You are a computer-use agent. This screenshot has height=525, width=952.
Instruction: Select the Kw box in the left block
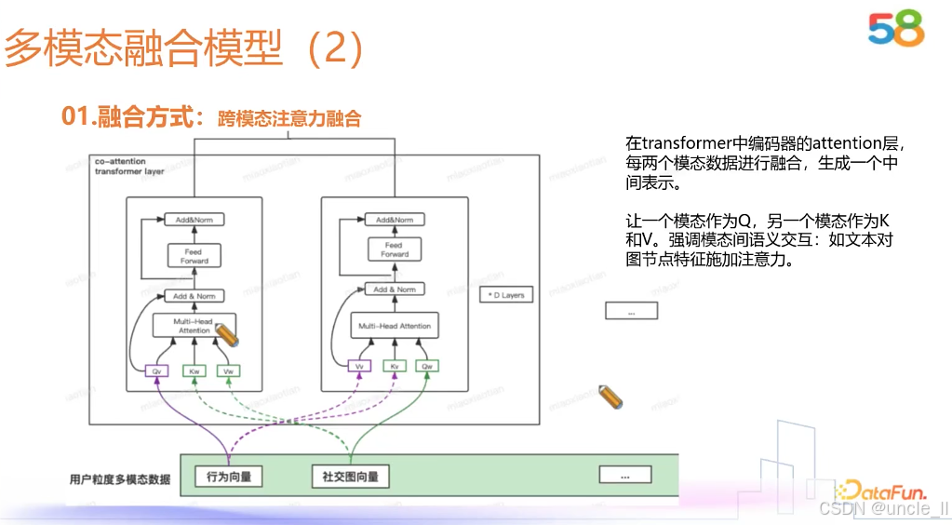194,371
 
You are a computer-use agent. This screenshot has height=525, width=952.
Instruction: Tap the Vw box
227,371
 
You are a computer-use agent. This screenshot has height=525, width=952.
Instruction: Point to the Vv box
359,367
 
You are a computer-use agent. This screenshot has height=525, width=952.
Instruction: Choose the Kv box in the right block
394,367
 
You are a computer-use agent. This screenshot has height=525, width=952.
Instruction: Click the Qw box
427,367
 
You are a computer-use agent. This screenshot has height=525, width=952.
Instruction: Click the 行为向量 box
229,477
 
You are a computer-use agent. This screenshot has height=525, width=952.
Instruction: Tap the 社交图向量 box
350,477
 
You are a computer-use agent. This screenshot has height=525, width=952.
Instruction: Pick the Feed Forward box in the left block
194,256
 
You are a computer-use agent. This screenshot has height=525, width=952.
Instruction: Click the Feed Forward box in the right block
394,249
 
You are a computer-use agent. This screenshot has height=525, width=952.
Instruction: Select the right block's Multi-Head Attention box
394,325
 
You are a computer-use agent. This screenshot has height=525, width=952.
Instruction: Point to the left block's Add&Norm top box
194,220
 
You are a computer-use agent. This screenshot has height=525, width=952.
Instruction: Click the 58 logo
896,29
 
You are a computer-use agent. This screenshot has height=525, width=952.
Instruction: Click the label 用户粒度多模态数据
120,479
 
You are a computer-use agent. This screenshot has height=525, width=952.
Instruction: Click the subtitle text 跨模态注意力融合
288,118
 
